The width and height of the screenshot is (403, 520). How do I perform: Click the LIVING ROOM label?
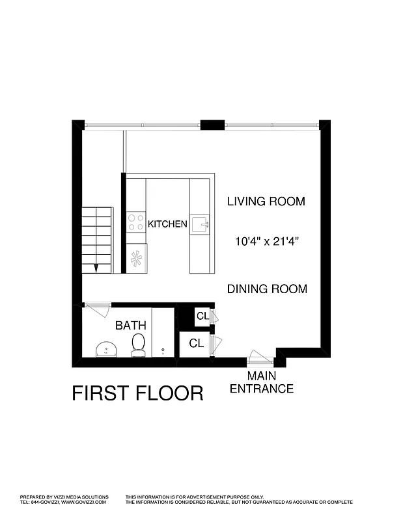[x=266, y=201]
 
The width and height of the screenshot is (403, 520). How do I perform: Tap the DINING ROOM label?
[x=267, y=289]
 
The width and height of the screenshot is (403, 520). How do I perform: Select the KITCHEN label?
[x=167, y=224]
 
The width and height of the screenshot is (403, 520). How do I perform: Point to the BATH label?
[x=130, y=326]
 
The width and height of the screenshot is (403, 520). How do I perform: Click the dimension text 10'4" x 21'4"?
[x=266, y=242]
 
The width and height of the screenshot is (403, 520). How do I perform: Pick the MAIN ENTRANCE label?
[x=261, y=383]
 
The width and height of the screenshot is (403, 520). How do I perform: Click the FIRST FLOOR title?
[x=137, y=394]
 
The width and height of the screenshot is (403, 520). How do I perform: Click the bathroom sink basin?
[x=105, y=350]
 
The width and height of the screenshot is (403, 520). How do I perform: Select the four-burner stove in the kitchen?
[x=136, y=223]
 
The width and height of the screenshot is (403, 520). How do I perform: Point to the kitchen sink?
[x=201, y=225]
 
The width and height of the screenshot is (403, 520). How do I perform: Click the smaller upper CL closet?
[x=202, y=317]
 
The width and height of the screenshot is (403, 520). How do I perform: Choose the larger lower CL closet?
[x=197, y=343]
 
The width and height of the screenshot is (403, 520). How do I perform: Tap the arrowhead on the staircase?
[x=96, y=266]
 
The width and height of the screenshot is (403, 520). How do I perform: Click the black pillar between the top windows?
[x=212, y=125]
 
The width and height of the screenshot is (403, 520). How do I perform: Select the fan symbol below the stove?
[x=136, y=259]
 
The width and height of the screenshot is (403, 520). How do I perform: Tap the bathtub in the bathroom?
[x=163, y=332]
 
